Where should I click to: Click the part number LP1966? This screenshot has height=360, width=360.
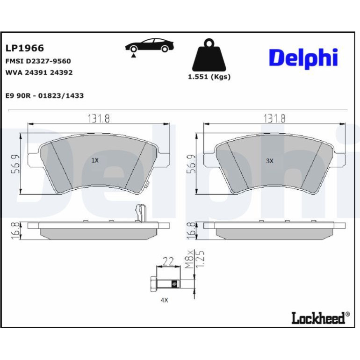coord(25,48)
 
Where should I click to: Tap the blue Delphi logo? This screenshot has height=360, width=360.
coord(303,58)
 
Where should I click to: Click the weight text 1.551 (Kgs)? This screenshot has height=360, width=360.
coord(209,77)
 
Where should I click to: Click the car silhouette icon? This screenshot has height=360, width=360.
coord(150,45)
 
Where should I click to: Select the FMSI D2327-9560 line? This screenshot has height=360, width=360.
coord(38,61)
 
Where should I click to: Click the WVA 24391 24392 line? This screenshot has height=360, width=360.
coord(39,72)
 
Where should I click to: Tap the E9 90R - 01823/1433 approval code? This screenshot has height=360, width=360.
coord(44,95)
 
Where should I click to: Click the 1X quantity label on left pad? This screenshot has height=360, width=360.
coord(95,160)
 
